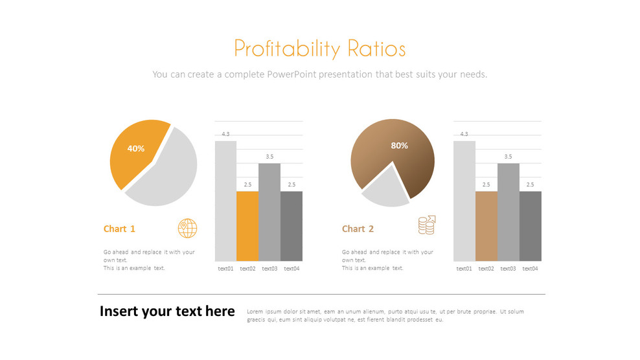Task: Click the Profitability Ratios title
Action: tap(319, 49)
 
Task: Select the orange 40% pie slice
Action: tap(136, 154)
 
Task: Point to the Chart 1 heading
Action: tap(119, 229)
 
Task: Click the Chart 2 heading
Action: tap(358, 229)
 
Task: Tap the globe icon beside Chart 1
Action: tap(187, 228)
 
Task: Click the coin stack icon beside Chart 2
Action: tap(426, 225)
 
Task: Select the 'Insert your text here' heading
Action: tap(167, 311)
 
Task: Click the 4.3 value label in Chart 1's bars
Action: tap(225, 134)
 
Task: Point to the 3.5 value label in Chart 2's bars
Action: tap(508, 157)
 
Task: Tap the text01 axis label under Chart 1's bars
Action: tap(225, 269)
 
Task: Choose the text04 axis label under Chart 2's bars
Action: tap(530, 269)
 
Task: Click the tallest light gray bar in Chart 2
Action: tap(464, 201)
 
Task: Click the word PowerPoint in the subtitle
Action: tap(292, 74)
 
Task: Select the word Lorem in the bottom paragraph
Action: tap(255, 311)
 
